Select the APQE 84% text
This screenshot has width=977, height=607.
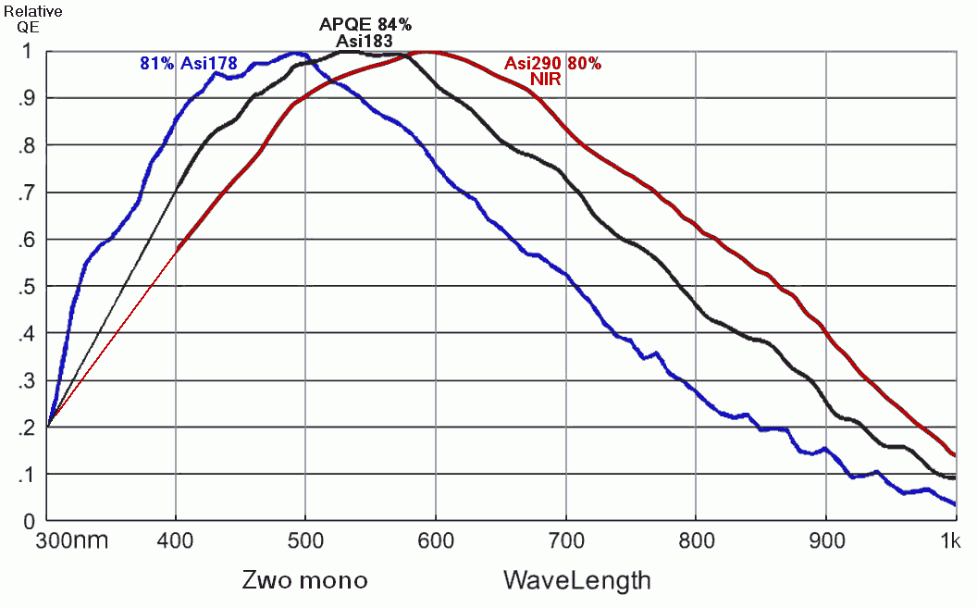point(365,24)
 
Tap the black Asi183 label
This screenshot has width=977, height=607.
point(365,41)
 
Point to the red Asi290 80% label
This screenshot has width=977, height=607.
point(552,64)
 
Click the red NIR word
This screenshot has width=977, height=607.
point(546,80)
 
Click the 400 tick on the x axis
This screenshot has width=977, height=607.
point(176,540)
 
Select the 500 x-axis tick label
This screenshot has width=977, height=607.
point(305,540)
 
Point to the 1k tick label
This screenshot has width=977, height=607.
point(955,540)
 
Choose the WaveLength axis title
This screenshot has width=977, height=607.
point(576,580)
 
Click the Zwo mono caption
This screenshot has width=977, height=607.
point(304,580)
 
